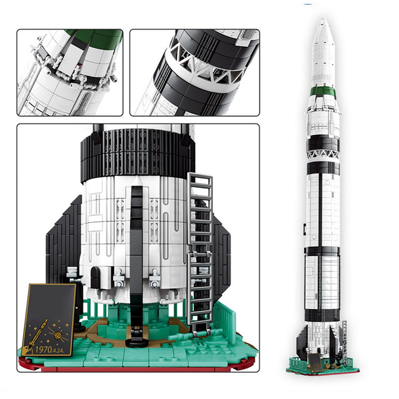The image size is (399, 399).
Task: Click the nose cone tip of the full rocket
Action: (x=323, y=21)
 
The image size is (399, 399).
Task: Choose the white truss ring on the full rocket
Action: (x=323, y=154)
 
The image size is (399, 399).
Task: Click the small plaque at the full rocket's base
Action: (x=315, y=362)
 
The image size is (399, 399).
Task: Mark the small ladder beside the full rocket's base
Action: (x=344, y=340)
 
